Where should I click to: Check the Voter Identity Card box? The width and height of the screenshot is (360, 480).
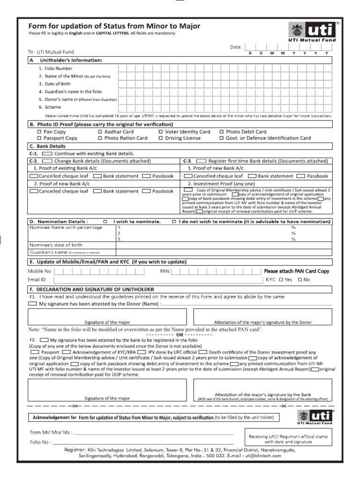160,132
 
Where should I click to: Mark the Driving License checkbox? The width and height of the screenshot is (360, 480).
160,138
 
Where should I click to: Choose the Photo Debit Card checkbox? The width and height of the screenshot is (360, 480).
222,132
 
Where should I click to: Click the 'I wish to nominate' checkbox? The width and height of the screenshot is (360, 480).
105,221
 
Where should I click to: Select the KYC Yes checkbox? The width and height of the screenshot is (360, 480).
281,280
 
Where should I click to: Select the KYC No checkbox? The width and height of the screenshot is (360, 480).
300,280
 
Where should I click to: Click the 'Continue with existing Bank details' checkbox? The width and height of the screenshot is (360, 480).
47,154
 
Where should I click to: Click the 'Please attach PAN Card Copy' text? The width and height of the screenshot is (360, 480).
296,271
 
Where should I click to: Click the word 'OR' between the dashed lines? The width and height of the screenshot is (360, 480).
180,335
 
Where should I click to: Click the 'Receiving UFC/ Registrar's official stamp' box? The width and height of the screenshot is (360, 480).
288,439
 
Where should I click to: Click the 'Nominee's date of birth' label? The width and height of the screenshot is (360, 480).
56,245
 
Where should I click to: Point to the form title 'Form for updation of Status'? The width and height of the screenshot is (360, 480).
114,26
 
